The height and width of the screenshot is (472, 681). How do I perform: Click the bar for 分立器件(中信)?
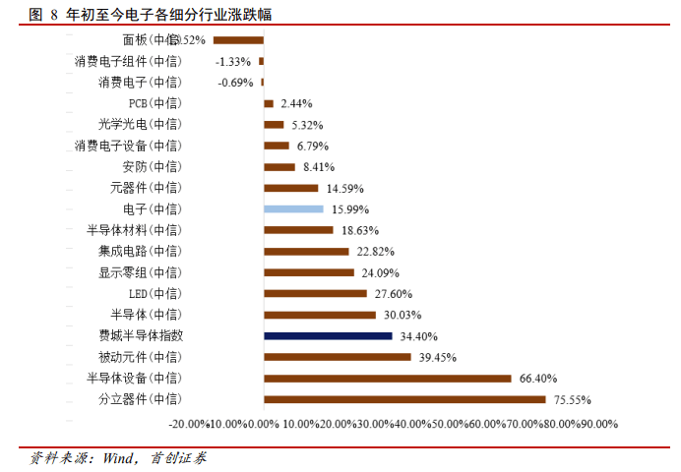coord(404,399)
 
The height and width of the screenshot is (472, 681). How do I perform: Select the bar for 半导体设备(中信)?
coord(388,378)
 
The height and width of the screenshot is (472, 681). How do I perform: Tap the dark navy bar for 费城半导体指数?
coord(328,335)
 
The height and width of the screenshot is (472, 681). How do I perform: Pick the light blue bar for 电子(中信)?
coord(293,208)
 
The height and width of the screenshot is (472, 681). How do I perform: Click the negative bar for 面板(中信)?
coord(238,40)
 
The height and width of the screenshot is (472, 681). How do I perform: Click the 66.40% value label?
coord(538,379)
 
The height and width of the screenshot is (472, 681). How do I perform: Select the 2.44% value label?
coord(296,103)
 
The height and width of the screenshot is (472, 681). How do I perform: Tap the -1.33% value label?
coord(233,61)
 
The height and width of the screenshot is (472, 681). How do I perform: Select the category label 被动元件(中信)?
coord(140,357)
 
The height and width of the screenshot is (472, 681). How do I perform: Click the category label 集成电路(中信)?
coord(140,251)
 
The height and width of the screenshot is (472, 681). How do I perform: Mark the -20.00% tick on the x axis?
coord(188,424)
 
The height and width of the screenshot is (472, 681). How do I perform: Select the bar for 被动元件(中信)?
coord(338,357)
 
